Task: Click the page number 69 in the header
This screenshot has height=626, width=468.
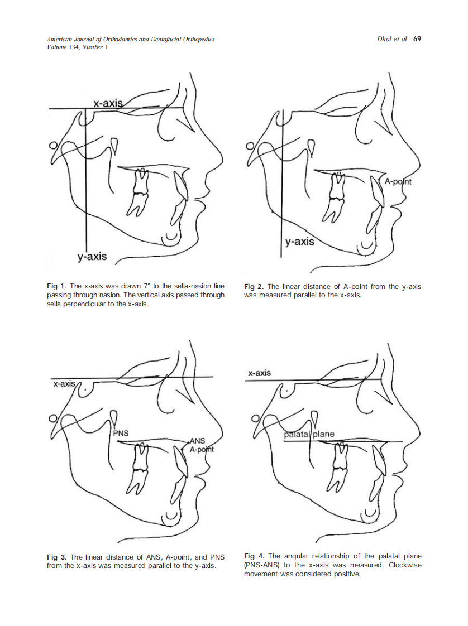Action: pyautogui.click(x=417, y=38)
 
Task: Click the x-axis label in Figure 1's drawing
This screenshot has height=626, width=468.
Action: pyautogui.click(x=108, y=103)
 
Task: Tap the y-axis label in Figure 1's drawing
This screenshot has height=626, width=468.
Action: pyautogui.click(x=92, y=256)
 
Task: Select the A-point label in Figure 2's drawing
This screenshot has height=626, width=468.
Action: pyautogui.click(x=398, y=182)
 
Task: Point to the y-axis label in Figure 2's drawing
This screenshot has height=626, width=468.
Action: pyautogui.click(x=300, y=242)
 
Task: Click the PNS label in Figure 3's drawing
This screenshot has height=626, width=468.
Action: pyautogui.click(x=121, y=433)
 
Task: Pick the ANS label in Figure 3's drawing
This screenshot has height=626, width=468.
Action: pyautogui.click(x=197, y=441)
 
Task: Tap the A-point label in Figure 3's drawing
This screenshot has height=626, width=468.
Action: pyautogui.click(x=202, y=450)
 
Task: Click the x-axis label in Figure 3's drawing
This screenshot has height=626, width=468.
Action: pyautogui.click(x=64, y=384)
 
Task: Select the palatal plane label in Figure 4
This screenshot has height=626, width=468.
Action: pyautogui.click(x=309, y=434)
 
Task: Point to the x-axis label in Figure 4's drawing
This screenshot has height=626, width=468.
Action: pyautogui.click(x=259, y=373)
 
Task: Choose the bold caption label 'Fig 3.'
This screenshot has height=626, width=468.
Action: pyautogui.click(x=57, y=557)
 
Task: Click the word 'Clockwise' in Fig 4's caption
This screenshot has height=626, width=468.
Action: pyautogui.click(x=405, y=565)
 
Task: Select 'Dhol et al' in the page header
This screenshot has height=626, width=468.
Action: pyautogui.click(x=391, y=38)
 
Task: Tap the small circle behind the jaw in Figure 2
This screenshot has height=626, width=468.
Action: pyautogui.click(x=250, y=146)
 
